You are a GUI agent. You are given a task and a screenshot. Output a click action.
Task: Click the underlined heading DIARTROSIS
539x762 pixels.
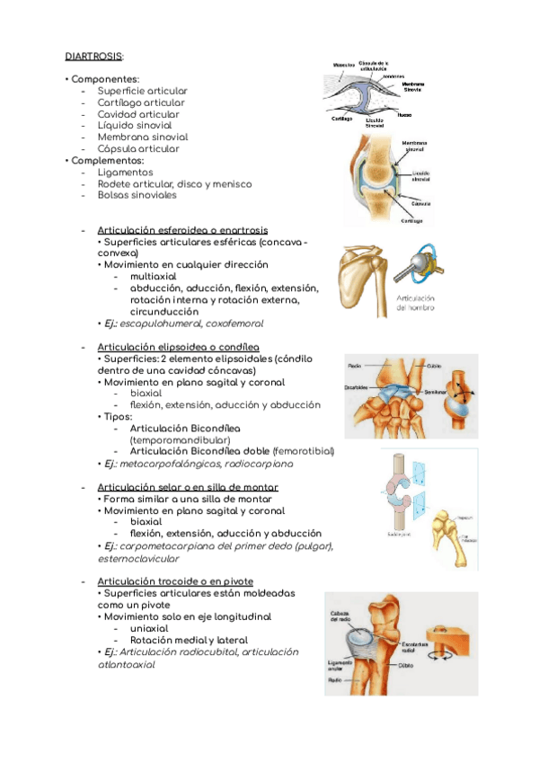(x=94, y=56)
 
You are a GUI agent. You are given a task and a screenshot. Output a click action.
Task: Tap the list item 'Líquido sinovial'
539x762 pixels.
(x=137, y=126)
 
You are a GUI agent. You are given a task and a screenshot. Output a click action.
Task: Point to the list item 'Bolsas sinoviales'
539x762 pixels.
(x=137, y=195)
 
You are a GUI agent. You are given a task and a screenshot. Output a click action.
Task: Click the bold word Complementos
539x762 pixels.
(x=108, y=161)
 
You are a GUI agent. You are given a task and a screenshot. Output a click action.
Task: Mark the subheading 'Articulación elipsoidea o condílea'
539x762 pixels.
(x=178, y=346)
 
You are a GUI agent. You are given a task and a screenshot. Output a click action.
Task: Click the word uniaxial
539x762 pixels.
(x=149, y=628)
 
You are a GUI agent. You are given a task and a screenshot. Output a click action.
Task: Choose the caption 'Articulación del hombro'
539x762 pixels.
(x=415, y=302)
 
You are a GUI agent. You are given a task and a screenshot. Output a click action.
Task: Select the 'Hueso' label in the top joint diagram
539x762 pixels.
(x=405, y=115)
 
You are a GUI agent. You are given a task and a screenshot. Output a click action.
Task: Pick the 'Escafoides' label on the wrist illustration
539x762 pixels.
(x=358, y=387)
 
